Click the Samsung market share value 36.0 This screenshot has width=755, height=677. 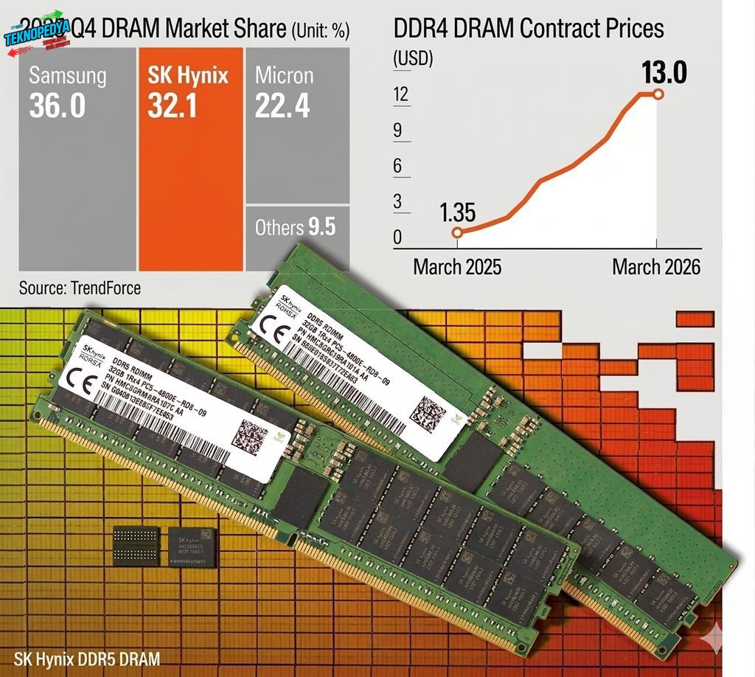click(58, 106)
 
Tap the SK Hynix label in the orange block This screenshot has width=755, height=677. click(188, 75)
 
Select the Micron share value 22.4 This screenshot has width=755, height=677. click(283, 106)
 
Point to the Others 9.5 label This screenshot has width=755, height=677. click(295, 227)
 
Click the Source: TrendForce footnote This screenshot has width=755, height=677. click(80, 288)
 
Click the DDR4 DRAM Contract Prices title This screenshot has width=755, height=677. click(529, 29)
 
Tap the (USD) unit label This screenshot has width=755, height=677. click(413, 59)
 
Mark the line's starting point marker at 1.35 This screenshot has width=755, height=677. click(457, 233)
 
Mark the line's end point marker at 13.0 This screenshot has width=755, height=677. click(658, 94)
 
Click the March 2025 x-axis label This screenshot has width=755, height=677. click(457, 266)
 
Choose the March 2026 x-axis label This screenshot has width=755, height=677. click(655, 266)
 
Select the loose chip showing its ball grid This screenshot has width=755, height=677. click(136, 546)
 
